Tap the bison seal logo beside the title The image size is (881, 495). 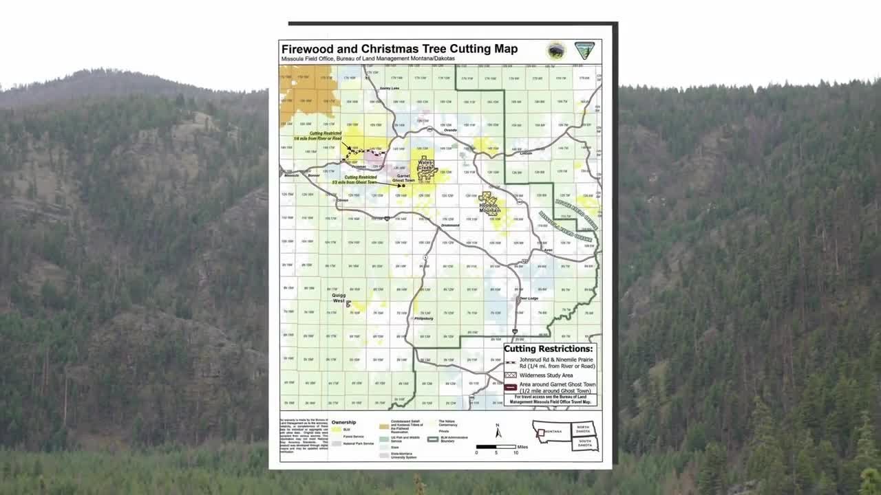pos(555,50)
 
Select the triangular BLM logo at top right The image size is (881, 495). pos(584,50)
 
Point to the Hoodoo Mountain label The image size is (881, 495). pos(490,204)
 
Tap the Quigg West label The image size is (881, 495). pos(339,298)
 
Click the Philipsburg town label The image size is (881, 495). pos(422,318)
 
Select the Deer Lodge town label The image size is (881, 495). pos(529,298)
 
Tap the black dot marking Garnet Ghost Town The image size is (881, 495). pos(403,186)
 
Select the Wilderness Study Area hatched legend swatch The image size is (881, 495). pos(511,375)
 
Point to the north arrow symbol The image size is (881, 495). pos(498,431)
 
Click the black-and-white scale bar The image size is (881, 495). pos(496,447)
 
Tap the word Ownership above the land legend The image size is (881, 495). pos(343,422)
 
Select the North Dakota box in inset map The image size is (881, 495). pos(584,427)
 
